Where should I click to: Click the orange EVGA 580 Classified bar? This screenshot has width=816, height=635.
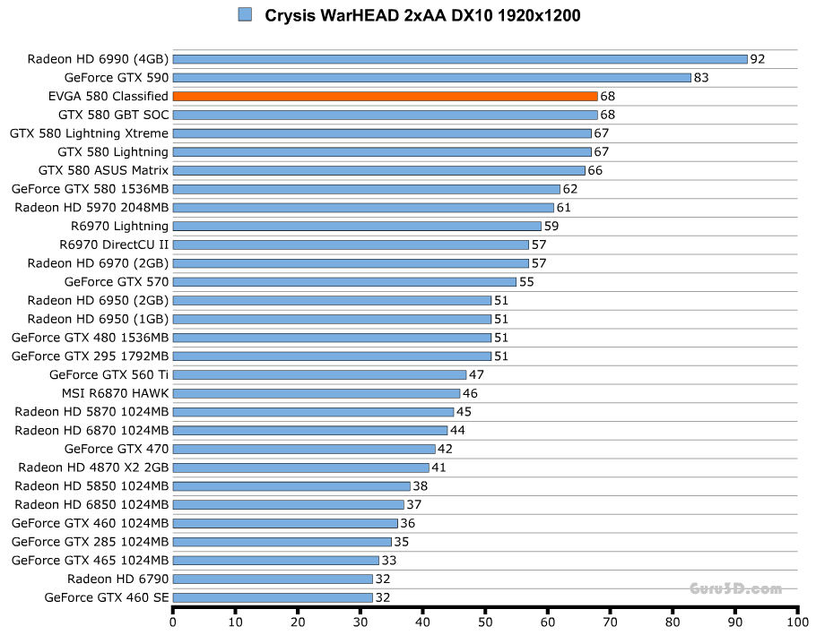click(385, 96)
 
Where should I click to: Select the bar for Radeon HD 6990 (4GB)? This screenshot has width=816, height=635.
click(459, 59)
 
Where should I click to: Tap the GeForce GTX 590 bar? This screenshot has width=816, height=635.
click(431, 78)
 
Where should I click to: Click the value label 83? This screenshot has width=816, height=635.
click(701, 78)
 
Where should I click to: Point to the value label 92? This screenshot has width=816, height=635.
click(758, 59)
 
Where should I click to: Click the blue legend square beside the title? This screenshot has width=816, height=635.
click(245, 14)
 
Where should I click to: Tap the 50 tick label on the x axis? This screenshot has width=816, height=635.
click(485, 620)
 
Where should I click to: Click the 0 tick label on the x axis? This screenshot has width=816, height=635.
click(173, 620)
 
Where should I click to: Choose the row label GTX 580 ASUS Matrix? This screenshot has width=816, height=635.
click(103, 170)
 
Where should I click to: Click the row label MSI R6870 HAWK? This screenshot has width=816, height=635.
click(115, 393)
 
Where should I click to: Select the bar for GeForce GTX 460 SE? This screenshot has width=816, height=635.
click(273, 597)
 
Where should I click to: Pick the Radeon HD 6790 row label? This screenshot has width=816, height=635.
click(117, 579)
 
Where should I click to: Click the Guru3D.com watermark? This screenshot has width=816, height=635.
click(735, 588)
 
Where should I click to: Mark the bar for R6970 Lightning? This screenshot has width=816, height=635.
click(357, 226)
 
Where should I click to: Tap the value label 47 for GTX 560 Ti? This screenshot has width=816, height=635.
click(476, 374)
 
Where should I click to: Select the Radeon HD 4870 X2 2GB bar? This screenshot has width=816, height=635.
click(300, 468)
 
